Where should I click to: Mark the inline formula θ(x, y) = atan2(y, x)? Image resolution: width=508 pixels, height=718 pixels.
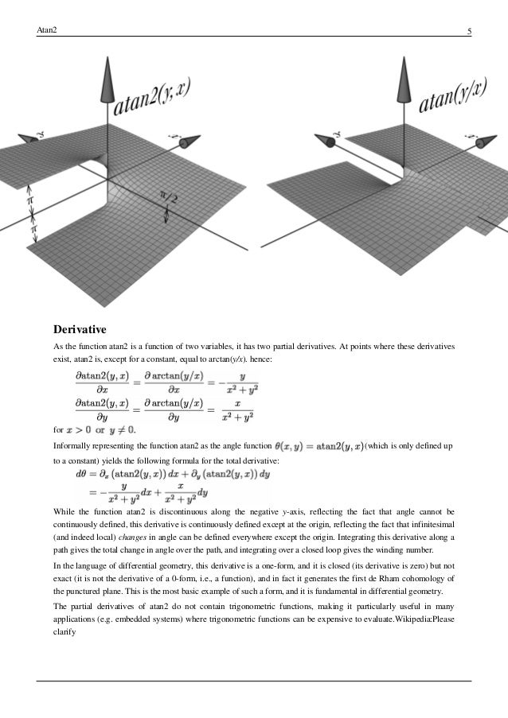(318, 448)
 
